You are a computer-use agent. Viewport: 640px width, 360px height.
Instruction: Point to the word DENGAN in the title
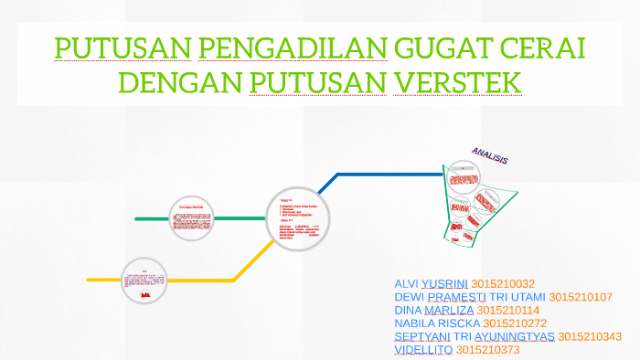(178, 83)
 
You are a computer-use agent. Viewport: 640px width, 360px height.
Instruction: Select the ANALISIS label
(489, 156)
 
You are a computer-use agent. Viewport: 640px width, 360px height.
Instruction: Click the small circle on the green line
(191, 218)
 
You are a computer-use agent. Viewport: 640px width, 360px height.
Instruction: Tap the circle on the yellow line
(144, 280)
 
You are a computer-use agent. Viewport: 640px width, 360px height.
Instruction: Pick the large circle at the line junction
(297, 217)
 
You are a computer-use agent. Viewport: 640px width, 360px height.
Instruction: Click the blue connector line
(384, 175)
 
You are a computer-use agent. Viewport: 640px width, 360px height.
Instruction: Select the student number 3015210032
(503, 284)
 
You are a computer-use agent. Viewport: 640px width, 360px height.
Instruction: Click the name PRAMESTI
(458, 297)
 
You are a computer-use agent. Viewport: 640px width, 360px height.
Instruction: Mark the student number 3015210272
(515, 323)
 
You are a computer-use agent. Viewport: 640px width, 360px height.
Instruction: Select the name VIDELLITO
(422, 350)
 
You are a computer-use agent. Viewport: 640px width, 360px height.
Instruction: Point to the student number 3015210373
(487, 350)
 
